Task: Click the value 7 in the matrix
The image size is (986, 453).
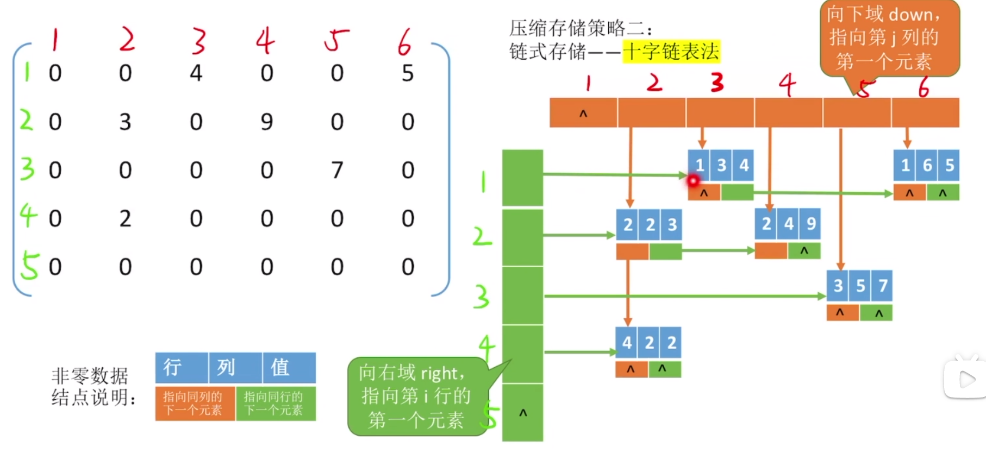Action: [337, 170]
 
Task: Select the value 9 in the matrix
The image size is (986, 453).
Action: [266, 122]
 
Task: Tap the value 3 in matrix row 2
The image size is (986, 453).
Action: [125, 122]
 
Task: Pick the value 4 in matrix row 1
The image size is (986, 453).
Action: [196, 73]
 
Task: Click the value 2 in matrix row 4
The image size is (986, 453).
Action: [125, 218]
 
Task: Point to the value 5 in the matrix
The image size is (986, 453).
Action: [408, 73]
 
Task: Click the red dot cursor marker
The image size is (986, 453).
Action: [693, 180]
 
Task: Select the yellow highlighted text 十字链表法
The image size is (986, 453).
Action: [671, 52]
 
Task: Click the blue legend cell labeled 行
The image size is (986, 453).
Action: [182, 368]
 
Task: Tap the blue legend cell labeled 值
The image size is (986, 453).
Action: [289, 368]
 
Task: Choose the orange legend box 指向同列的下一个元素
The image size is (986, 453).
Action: [195, 403]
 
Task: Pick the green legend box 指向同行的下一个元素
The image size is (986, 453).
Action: [276, 403]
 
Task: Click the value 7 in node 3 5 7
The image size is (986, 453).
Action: [882, 286]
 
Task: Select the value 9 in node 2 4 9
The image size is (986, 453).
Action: [810, 223]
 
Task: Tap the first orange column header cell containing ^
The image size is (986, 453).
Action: [583, 113]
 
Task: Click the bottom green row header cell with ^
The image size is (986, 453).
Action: [522, 413]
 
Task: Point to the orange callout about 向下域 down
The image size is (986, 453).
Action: [889, 38]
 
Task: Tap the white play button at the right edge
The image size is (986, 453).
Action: [966, 379]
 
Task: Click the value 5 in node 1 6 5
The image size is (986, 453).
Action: [949, 165]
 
